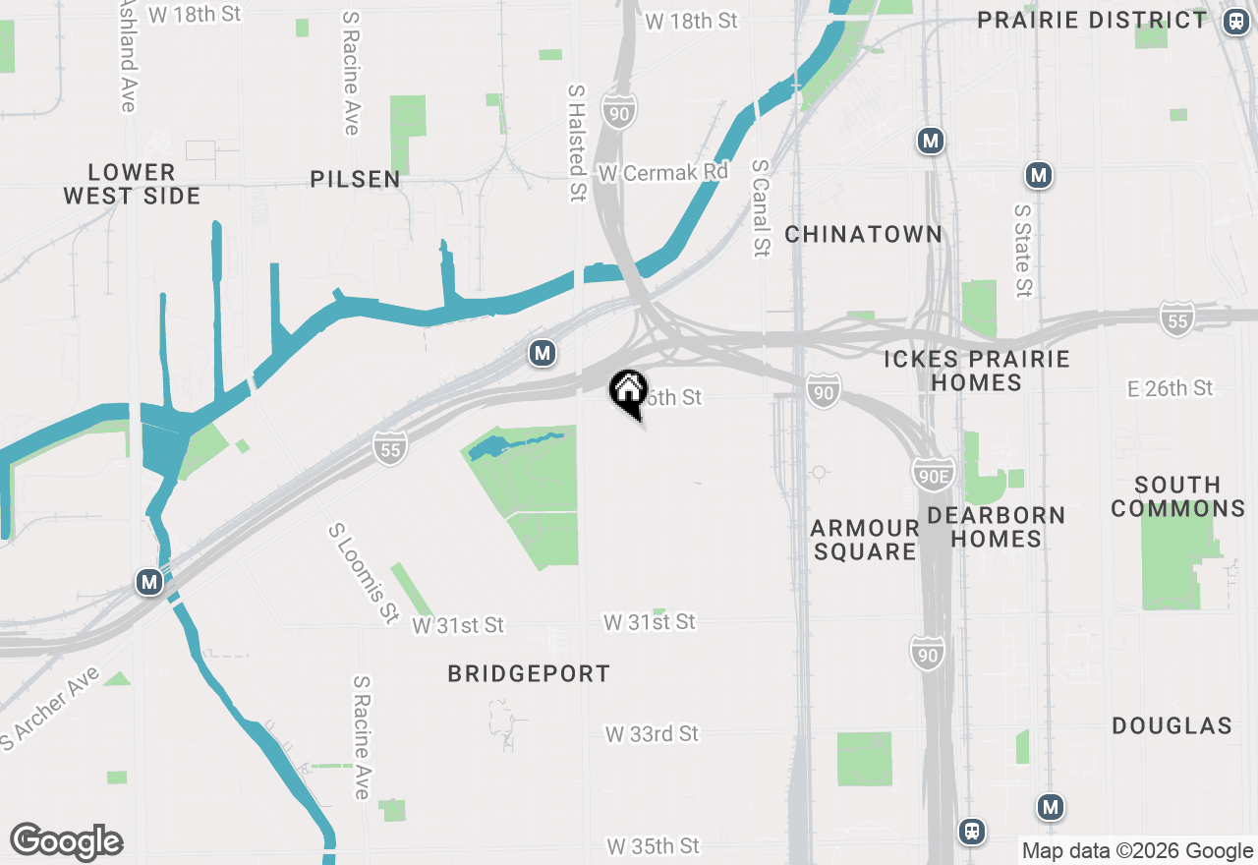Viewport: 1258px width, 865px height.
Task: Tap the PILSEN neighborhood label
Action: pos(356,179)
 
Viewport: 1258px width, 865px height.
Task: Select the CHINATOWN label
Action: pos(864,234)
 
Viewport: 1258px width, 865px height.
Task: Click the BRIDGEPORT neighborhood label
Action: pos(529,673)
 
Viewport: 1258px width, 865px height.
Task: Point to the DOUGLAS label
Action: pos(1172,725)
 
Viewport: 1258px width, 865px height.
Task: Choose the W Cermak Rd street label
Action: pos(663,172)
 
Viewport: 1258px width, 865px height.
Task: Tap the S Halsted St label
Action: pos(577,144)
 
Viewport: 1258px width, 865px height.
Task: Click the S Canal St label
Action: pos(760,208)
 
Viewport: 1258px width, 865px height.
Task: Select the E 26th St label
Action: pos(1171,388)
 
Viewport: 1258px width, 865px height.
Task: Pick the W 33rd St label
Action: pos(652,734)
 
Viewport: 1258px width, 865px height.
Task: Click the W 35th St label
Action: pos(653,846)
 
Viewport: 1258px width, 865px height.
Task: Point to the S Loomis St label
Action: pos(363,572)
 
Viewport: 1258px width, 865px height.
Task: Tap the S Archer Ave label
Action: pos(50,709)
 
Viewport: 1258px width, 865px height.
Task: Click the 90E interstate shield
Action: pos(932,474)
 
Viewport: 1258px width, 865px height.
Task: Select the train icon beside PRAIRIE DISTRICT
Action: pos(1235,21)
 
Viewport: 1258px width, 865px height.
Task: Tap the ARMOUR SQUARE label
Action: pos(865,540)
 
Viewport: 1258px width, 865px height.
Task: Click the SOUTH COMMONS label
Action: pos(1177,496)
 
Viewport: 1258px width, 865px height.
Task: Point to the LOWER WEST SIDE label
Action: pos(132,184)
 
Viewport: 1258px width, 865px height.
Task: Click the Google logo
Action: pos(67,841)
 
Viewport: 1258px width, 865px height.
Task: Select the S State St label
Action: pos(1023,251)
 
